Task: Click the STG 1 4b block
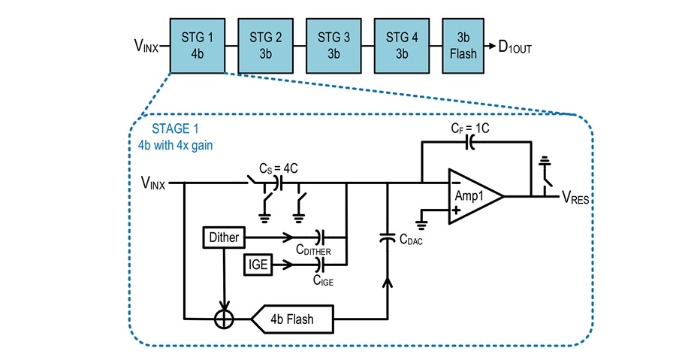click(x=198, y=46)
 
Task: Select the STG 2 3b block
click(x=266, y=46)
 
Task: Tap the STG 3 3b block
click(x=333, y=46)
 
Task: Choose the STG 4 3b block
click(x=402, y=46)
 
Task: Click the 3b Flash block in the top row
click(x=463, y=46)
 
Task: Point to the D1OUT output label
click(x=515, y=47)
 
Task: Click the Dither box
click(x=224, y=237)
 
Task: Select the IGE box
click(x=258, y=264)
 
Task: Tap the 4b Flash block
click(x=292, y=319)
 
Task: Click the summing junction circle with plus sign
click(x=224, y=319)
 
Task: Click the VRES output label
click(x=575, y=198)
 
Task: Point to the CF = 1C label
click(x=470, y=128)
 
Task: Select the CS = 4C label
click(x=279, y=168)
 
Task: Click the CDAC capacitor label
click(x=411, y=240)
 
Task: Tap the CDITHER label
click(x=313, y=250)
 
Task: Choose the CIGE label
click(x=323, y=280)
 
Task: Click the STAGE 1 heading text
click(x=175, y=129)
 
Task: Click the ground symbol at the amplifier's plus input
click(x=421, y=225)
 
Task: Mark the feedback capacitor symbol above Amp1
click(x=470, y=142)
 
